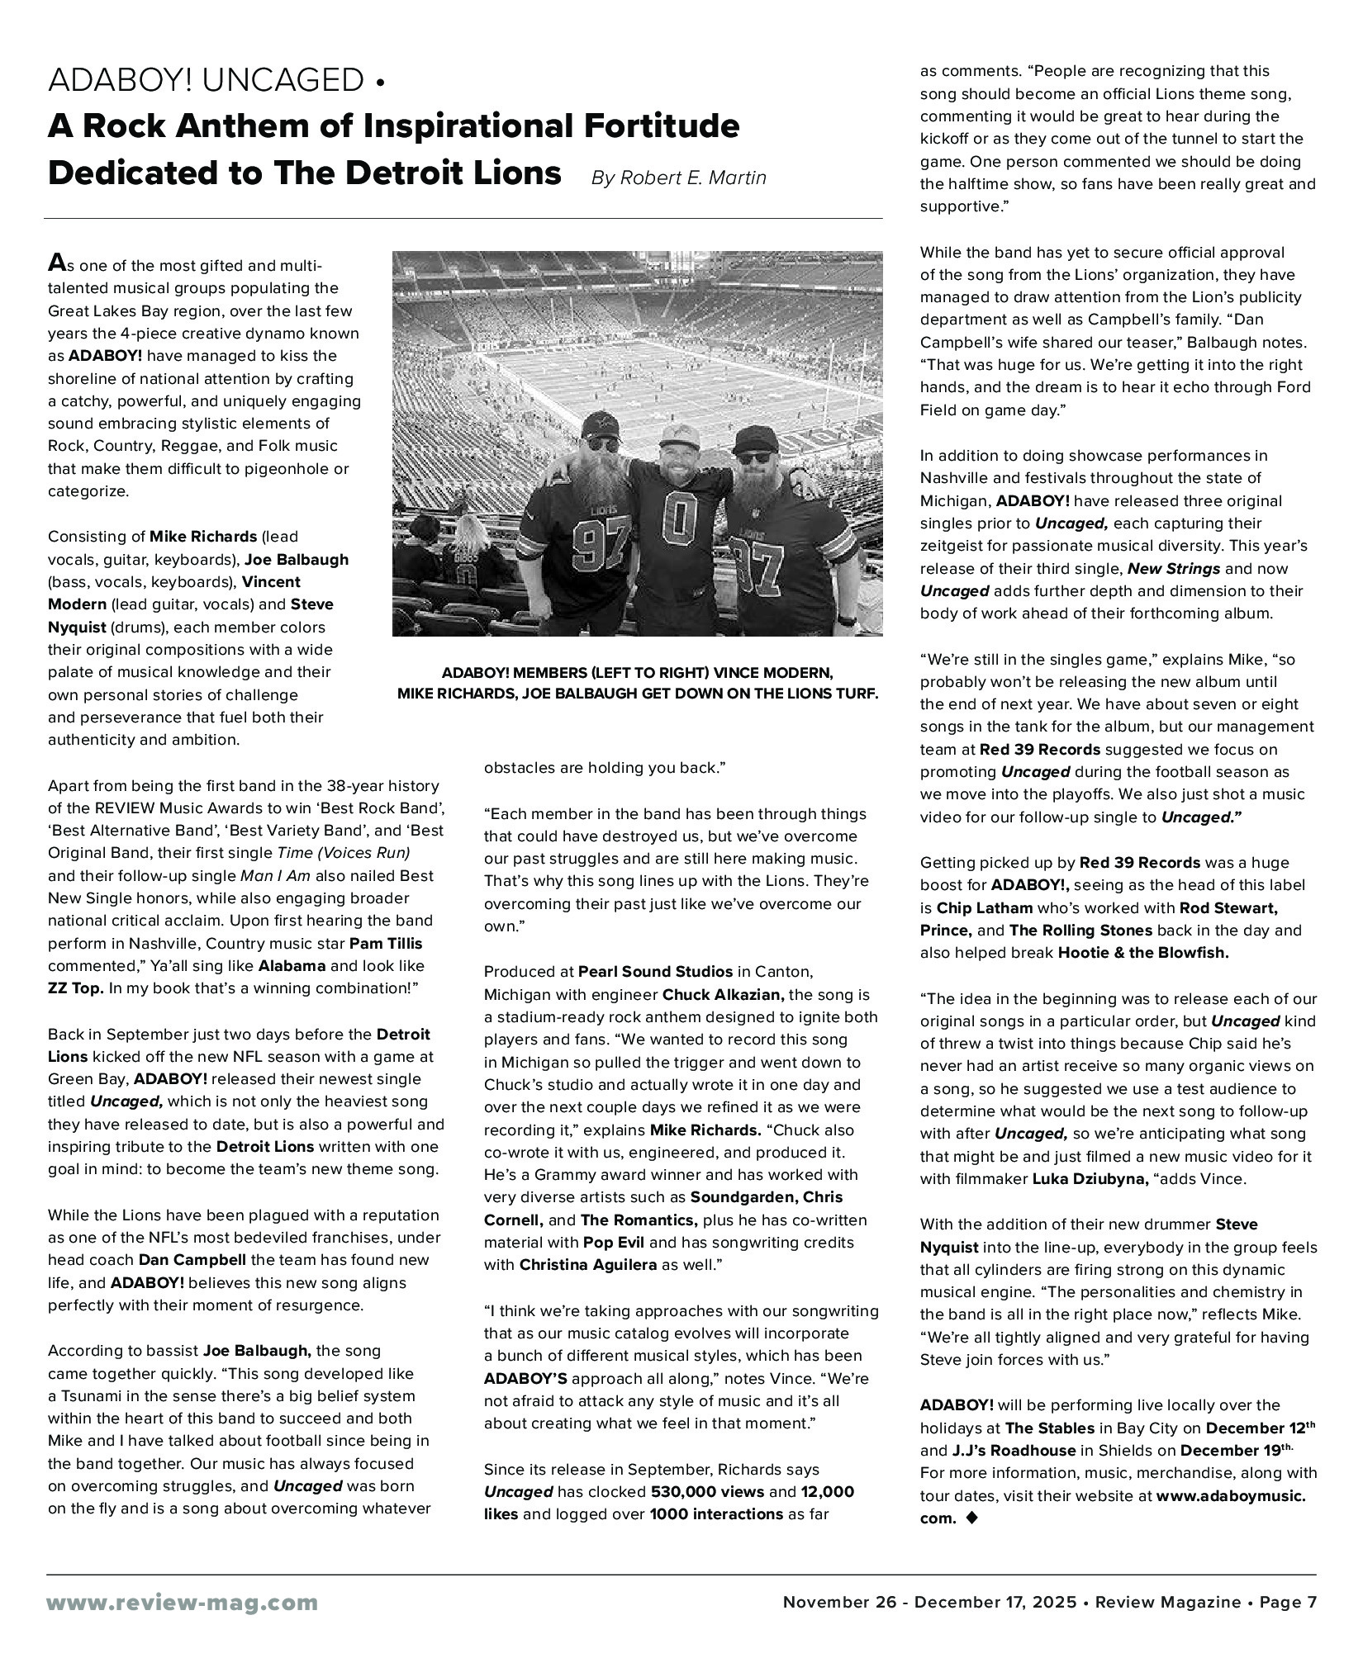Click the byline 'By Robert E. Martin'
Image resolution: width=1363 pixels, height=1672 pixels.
tap(678, 178)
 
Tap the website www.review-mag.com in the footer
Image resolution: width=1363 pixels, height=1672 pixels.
tap(183, 1603)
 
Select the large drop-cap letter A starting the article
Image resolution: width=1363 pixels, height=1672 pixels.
tap(56, 263)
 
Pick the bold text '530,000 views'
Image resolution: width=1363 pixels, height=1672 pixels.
tap(705, 1492)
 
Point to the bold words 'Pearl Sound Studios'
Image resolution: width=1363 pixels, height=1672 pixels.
tap(655, 971)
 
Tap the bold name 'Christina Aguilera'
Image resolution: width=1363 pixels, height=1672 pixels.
tap(587, 1264)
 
